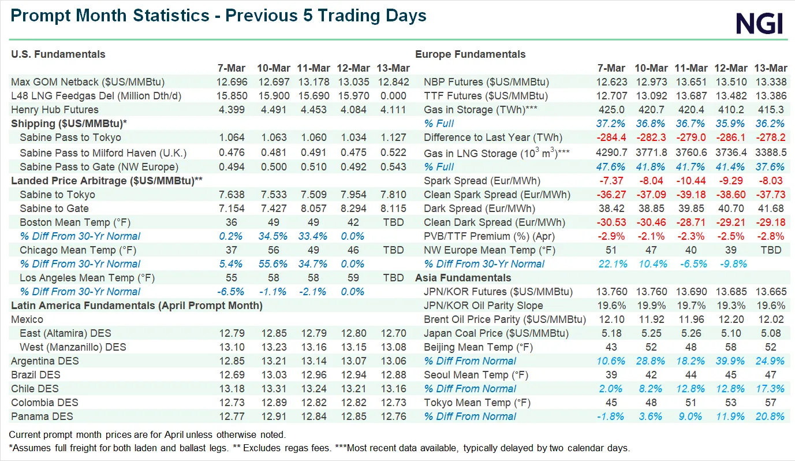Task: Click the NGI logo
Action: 759,24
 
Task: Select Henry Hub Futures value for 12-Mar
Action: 353,110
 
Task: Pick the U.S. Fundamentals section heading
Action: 58,54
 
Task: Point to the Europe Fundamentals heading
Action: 471,54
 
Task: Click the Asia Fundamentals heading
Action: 463,278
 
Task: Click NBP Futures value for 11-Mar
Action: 691,82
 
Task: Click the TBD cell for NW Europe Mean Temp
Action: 771,250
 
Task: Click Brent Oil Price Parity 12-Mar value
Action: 731,319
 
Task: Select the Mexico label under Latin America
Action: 27,319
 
